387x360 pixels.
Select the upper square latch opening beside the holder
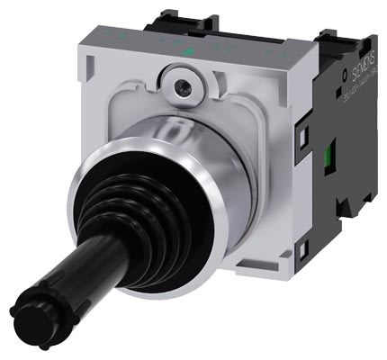pos(303,136)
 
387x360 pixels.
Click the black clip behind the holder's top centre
pos(180,13)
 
